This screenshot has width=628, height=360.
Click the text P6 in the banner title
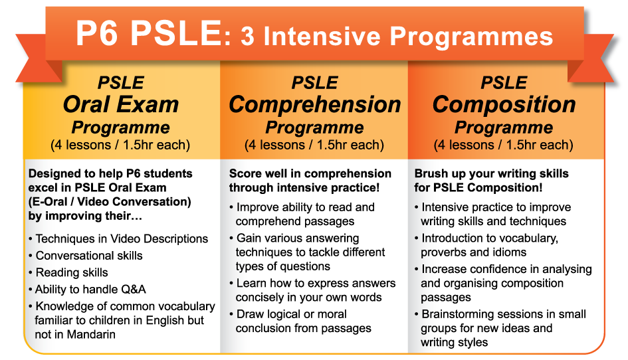(x=97, y=33)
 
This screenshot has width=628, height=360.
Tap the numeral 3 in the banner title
(x=247, y=37)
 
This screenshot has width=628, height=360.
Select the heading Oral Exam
(x=120, y=104)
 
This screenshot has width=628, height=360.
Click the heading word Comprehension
(x=315, y=105)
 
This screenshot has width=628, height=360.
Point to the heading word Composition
(x=504, y=105)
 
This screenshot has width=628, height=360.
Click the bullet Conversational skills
(x=89, y=256)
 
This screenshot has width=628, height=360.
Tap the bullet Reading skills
(x=72, y=272)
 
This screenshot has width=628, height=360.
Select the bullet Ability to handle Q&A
(x=90, y=289)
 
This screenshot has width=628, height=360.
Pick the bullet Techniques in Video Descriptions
(x=122, y=238)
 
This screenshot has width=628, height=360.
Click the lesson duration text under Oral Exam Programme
(x=120, y=145)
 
